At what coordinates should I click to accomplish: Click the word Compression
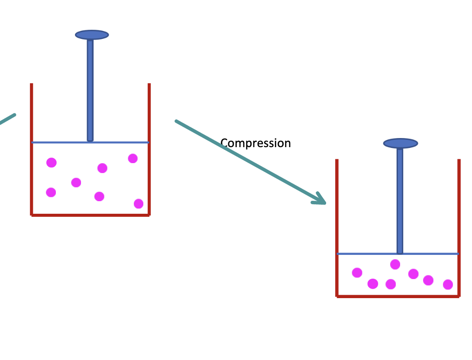pyautogui.click(x=255, y=143)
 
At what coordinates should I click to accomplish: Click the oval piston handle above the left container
pyautogui.click(x=92, y=35)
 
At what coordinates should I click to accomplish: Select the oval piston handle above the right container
pyautogui.click(x=401, y=143)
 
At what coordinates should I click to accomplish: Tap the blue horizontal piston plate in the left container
pyautogui.click(x=52, y=142)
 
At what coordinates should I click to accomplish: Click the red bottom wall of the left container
pyautogui.click(x=91, y=215)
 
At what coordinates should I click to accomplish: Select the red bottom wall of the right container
pyautogui.click(x=398, y=296)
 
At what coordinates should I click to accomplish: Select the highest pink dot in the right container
pyautogui.click(x=395, y=264)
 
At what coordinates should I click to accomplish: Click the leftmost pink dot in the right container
pyautogui.click(x=357, y=273)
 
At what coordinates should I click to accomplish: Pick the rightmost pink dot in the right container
pyautogui.click(x=448, y=284)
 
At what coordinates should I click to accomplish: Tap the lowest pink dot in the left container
pyautogui.click(x=139, y=203)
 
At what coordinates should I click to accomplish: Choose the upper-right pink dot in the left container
pyautogui.click(x=133, y=158)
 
